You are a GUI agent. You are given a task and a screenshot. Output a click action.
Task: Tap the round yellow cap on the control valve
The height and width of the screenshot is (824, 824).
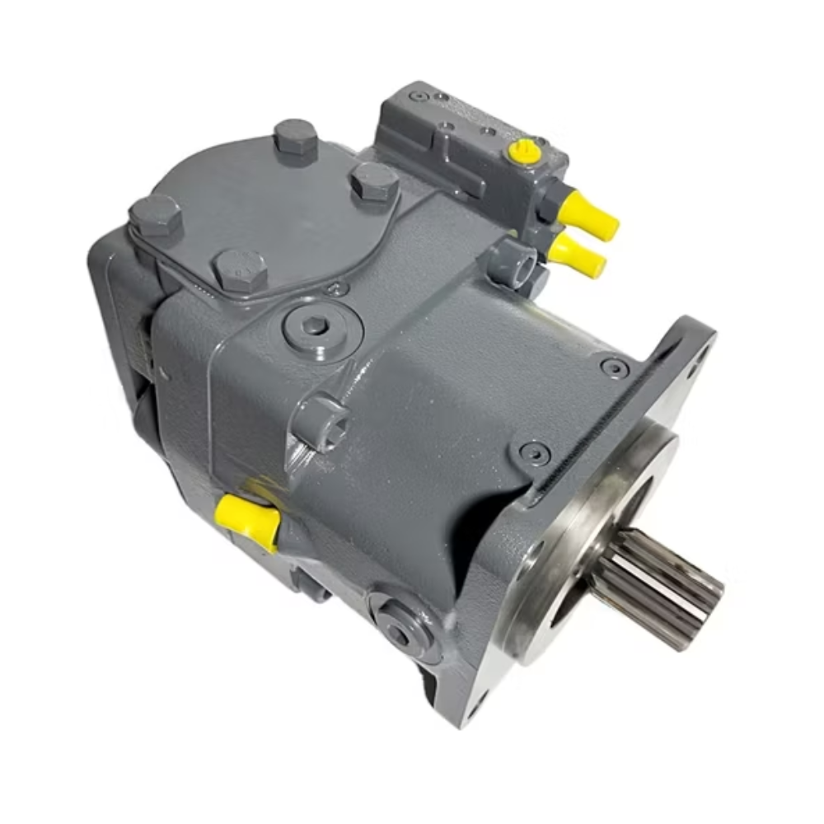pyautogui.click(x=525, y=151)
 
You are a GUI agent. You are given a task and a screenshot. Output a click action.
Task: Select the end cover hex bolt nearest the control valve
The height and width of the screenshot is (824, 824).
pyautogui.click(x=374, y=183)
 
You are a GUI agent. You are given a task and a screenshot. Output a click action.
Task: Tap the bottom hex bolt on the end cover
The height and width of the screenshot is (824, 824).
pyautogui.click(x=239, y=269)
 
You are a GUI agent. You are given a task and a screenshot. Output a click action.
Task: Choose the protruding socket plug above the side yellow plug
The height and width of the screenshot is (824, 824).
pyautogui.click(x=321, y=422)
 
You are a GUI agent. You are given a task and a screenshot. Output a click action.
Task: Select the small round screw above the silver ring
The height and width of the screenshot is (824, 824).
pyautogui.click(x=535, y=452)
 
